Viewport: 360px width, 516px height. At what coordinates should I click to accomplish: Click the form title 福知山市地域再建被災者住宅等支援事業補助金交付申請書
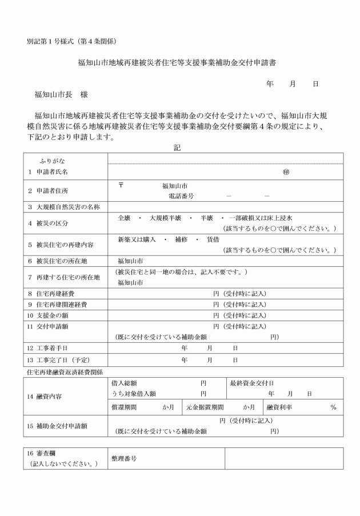[180, 61]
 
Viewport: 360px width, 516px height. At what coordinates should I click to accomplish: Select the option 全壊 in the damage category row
[125, 218]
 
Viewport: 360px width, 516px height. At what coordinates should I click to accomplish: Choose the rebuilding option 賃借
[213, 240]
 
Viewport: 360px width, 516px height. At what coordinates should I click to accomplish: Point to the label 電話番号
[181, 195]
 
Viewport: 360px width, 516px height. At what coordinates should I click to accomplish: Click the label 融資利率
[279, 407]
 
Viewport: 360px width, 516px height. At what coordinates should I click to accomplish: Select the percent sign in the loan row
[333, 407]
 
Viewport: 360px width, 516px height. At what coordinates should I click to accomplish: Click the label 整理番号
[126, 458]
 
